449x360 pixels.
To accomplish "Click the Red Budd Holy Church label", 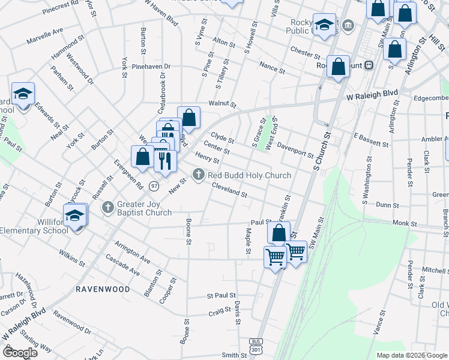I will coord(249,175).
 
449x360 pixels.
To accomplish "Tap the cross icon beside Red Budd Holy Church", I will coord(199,175).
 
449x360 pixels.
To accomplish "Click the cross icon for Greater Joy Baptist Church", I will coord(108,208).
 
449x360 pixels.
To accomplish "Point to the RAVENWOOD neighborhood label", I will coord(103,289).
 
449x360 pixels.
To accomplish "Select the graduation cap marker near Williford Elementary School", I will coord(76,215).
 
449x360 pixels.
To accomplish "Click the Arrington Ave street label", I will coord(132,253).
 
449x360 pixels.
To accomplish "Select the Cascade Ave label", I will coord(122,265).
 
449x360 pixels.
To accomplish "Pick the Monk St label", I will coord(405,223).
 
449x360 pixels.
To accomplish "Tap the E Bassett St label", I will coord(372,140).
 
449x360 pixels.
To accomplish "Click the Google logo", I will coord(21,352).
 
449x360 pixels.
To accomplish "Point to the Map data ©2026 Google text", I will coord(411,355).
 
